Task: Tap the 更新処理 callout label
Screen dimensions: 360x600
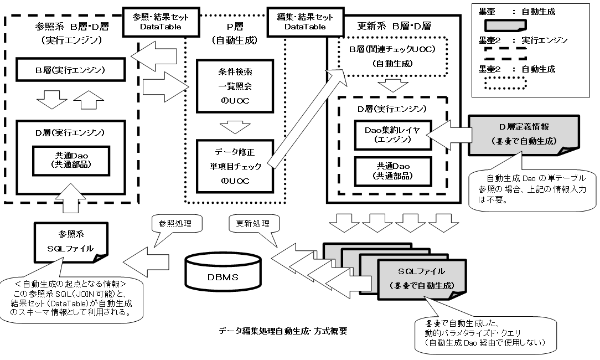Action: [x=252, y=224]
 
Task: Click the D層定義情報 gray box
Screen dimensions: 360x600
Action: [x=524, y=135]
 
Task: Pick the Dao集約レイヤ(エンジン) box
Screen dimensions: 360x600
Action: [x=393, y=135]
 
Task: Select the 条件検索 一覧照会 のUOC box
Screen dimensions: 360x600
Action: [x=235, y=86]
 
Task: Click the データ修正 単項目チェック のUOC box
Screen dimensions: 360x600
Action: [x=235, y=166]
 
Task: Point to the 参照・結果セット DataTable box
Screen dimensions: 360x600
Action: [x=153, y=22]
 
